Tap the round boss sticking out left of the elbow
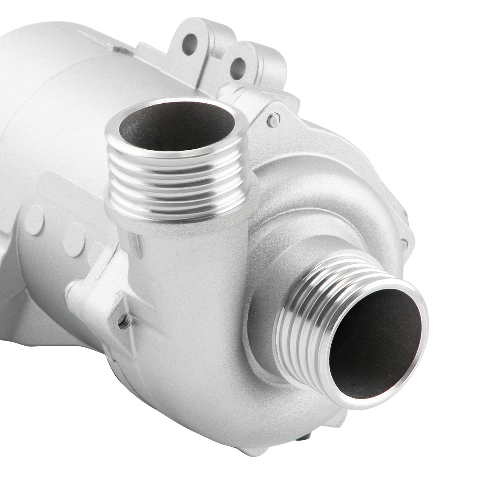(x=72, y=290)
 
